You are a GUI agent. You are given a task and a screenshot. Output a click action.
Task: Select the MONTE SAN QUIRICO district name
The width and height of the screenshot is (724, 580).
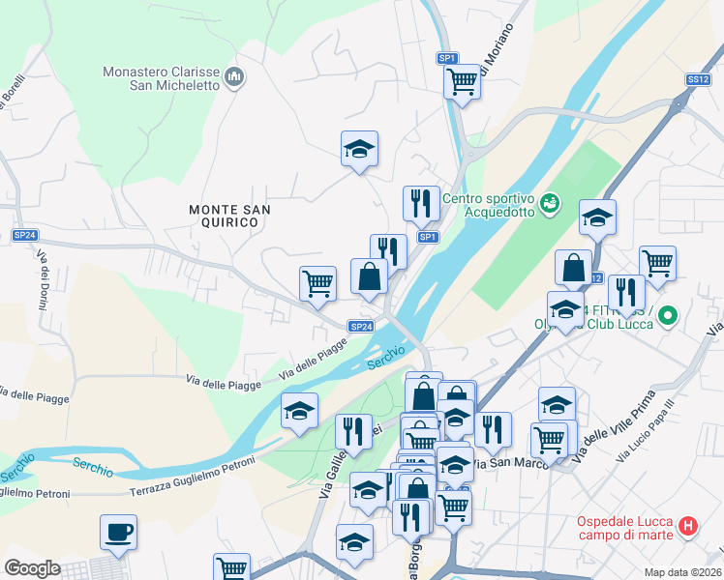pos(229,216)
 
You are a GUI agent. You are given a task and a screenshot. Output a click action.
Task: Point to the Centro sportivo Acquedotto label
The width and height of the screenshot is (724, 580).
pos(488,205)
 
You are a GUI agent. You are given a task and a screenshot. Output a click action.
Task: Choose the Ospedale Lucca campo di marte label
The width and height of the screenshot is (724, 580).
pos(625,528)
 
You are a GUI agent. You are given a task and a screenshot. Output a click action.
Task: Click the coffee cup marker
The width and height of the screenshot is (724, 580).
pos(118,532)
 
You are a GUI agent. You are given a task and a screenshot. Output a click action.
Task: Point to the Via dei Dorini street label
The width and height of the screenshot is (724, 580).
pos(44,281)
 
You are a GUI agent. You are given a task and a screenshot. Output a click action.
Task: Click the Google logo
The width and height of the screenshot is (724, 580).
pos(32,568)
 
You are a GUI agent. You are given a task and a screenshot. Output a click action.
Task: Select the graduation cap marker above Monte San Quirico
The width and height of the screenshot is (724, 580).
pos(359,149)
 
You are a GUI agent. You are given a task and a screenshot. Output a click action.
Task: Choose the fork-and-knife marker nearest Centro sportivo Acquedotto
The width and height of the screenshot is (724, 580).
pos(421,203)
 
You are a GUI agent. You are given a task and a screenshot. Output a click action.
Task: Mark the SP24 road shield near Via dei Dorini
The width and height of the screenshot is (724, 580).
pos(25,235)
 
